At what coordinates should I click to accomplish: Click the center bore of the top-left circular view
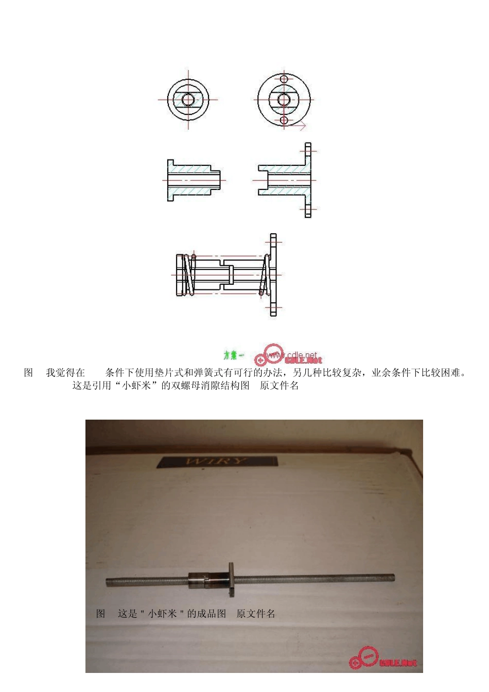coord(188,99)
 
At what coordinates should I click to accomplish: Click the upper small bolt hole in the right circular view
coord(284,79)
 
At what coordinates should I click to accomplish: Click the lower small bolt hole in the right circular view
coord(284,120)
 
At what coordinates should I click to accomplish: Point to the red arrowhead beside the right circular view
coord(303,125)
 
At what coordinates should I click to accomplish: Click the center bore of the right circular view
coord(284,99)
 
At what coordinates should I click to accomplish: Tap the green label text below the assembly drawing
coord(233,355)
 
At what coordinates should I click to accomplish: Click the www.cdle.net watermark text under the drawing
coord(299,355)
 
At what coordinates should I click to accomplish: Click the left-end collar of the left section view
coord(170,180)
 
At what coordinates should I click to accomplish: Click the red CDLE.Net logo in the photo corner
coord(383,660)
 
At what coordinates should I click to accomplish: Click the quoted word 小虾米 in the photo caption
coord(162,614)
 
